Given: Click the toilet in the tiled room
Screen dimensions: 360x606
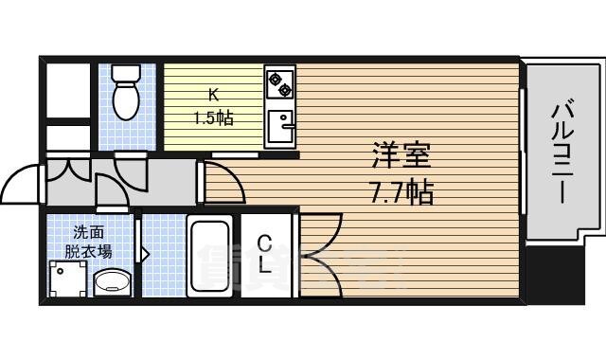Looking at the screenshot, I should point(123,90).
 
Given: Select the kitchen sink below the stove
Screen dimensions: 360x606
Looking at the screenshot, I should point(279,126).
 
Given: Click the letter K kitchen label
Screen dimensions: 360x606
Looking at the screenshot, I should point(214,95).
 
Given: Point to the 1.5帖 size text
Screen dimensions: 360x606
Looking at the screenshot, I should point(214,117).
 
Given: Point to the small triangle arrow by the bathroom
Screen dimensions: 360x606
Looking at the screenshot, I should point(145,253).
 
